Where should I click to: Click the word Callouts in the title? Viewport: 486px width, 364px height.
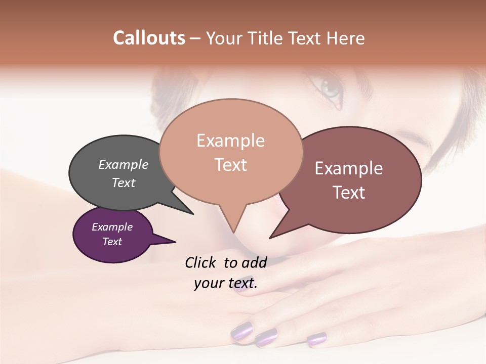click(149, 38)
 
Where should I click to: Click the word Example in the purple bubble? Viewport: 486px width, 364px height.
click(112, 227)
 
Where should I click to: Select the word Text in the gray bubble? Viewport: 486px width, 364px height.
click(123, 183)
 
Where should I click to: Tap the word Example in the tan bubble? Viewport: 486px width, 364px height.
click(230, 141)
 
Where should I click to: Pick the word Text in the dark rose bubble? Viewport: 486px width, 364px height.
click(349, 193)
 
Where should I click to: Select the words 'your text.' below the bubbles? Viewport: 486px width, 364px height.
click(225, 283)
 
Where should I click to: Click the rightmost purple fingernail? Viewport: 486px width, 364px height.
click(317, 339)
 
